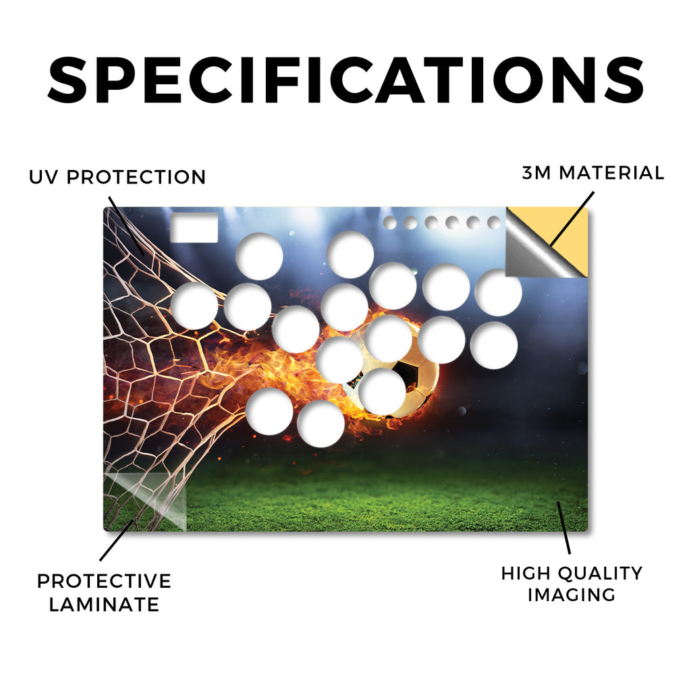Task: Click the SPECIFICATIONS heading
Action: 345,80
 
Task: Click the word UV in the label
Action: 43,177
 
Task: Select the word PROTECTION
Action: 136,177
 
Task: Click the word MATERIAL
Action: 611,173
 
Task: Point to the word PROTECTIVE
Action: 104,581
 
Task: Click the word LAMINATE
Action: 104,604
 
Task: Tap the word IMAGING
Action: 572,595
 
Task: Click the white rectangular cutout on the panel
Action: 194,228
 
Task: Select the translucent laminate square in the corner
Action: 146,502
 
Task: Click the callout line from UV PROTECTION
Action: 126,225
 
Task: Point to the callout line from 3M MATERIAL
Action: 572,218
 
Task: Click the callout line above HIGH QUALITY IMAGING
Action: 563,528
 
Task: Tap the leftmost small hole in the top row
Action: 389,223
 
